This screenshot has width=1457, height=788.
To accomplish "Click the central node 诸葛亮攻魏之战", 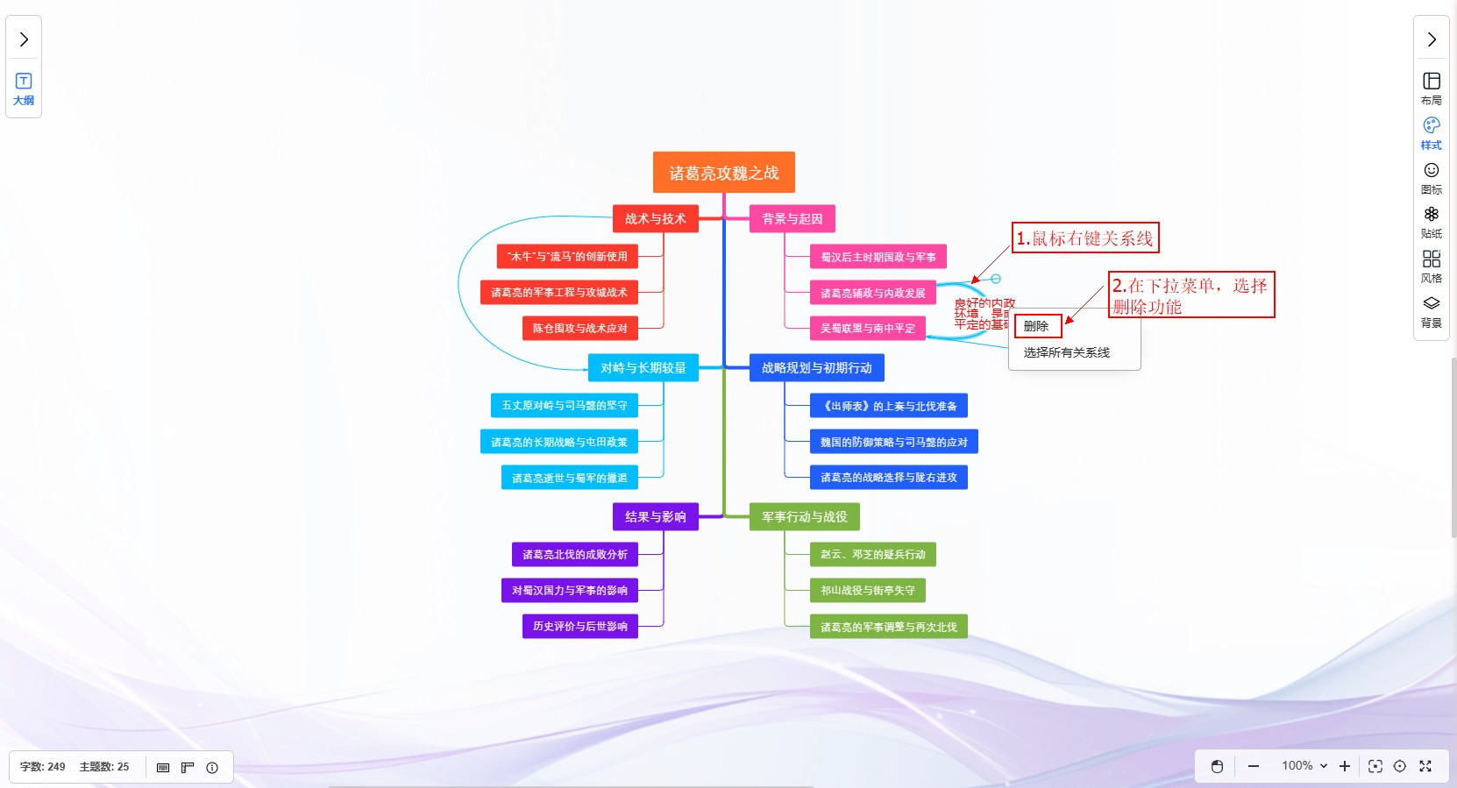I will click(x=723, y=173).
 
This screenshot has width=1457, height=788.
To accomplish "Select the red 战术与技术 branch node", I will click(x=655, y=219).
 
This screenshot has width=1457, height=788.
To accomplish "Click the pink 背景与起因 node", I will click(x=792, y=219).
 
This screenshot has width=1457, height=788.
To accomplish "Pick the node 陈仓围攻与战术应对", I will click(x=579, y=329).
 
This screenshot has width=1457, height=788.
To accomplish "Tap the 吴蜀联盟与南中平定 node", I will click(x=867, y=329).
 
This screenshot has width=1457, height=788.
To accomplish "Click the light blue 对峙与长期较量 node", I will click(x=643, y=368).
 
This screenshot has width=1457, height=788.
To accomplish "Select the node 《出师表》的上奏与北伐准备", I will click(x=888, y=406).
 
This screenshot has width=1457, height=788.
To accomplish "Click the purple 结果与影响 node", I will click(x=655, y=517).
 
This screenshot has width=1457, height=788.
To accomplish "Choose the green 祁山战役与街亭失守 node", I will click(x=867, y=591).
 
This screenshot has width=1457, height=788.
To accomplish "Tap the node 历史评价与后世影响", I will click(x=579, y=627).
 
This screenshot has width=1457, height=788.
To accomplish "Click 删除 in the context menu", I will click(x=1037, y=326).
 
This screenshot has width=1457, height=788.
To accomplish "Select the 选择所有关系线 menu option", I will click(x=1066, y=352).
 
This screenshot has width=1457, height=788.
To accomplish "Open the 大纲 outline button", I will click(x=24, y=89).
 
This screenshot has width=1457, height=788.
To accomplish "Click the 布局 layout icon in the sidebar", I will click(x=1431, y=88).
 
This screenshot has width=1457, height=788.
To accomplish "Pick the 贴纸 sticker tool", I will click(x=1431, y=221).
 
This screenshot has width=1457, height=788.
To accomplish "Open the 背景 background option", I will click(x=1431, y=310).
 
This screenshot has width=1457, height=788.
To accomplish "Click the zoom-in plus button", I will click(x=1345, y=766).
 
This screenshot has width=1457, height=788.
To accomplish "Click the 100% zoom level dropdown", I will click(x=1304, y=766).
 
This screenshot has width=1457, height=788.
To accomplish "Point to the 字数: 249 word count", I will click(x=43, y=767).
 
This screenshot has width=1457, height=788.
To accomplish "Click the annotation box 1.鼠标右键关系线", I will click(x=1084, y=238).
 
